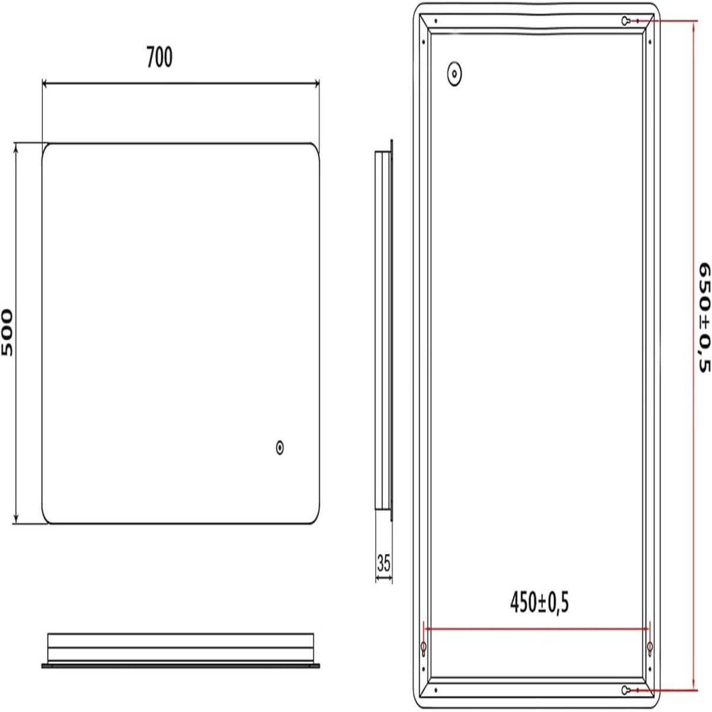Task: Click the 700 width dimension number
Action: (x=159, y=58)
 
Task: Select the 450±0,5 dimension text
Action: (x=539, y=603)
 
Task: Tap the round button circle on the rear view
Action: (x=454, y=74)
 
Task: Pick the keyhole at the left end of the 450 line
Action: (x=423, y=647)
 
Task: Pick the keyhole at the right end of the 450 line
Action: (x=650, y=647)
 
